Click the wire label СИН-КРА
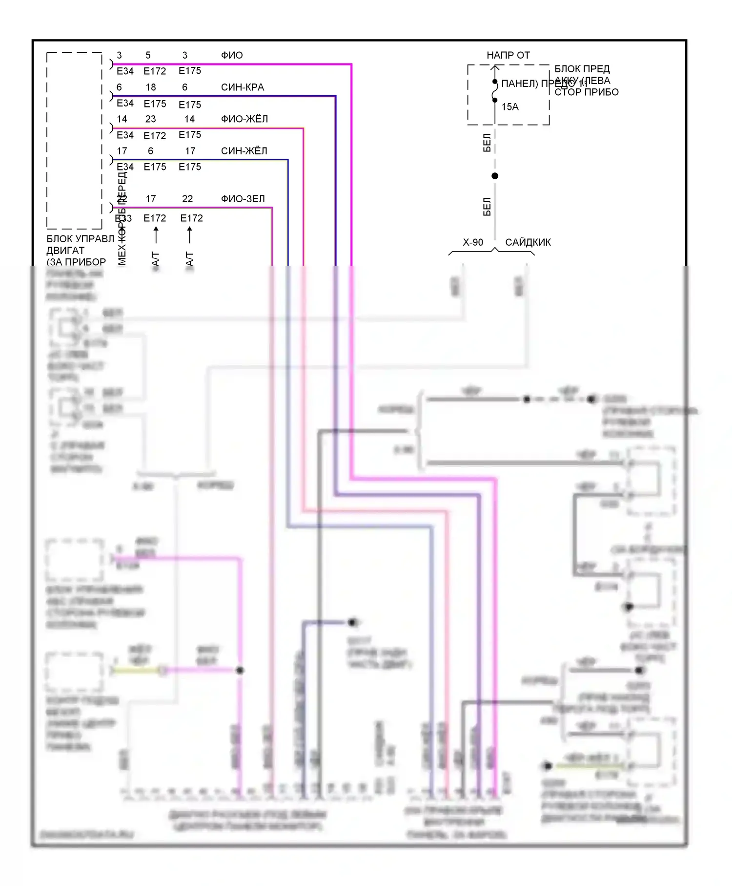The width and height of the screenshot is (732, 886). tap(242, 87)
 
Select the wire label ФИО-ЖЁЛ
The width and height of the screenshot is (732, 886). tap(244, 119)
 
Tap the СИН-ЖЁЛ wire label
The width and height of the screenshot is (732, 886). tap(244, 151)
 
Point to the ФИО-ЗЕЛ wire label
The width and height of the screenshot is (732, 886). tap(243, 199)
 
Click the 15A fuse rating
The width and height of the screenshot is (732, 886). tap(510, 107)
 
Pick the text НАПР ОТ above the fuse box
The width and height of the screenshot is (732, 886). tap(508, 55)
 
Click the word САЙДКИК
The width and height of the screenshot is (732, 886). tap(528, 242)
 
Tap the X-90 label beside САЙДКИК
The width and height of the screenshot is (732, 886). tap(473, 242)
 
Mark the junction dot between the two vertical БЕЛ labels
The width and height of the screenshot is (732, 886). tap(495, 176)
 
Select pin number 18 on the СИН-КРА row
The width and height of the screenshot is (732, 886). tap(151, 87)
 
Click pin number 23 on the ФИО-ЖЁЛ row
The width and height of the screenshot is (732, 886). tap(150, 119)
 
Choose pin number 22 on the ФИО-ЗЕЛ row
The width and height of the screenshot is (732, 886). tap(187, 199)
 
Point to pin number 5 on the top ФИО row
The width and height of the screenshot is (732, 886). tap(148, 55)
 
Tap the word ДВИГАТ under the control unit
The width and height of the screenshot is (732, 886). tap(65, 251)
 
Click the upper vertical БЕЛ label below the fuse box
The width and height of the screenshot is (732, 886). tap(487, 143)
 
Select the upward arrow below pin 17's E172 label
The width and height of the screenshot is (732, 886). tap(156, 235)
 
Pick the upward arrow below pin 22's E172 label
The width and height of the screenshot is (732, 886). tap(190, 235)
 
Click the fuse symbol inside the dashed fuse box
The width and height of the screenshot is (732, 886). tap(495, 91)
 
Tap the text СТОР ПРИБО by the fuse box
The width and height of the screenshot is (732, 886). tap(586, 92)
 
